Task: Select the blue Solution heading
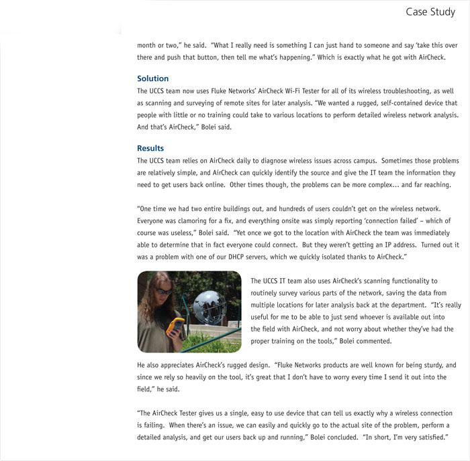pos(152,78)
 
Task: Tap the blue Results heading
pos(150,148)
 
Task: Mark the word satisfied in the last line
pos(428,438)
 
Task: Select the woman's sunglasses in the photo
pos(164,293)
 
